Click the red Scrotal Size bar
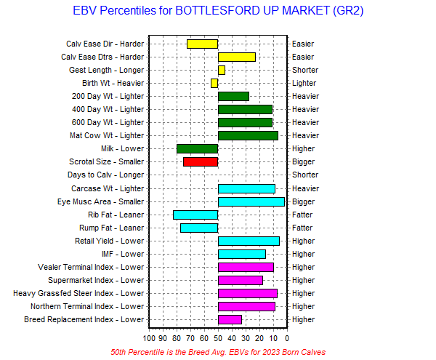[201, 161]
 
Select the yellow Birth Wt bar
[214, 83]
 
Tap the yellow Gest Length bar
[222, 70]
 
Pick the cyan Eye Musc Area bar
[251, 201]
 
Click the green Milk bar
[198, 148]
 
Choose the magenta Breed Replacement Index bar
[230, 319]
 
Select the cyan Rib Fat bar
[195, 215]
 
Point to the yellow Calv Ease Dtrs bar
[237, 57]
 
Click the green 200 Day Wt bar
[233, 96]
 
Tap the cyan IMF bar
[242, 254]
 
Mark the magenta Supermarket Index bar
[241, 280]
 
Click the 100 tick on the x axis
[150, 337]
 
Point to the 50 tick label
[218, 337]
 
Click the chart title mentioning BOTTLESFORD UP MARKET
[219, 12]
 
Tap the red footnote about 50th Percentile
[218, 351]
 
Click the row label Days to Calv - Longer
[105, 175]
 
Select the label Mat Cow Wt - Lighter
[108, 135]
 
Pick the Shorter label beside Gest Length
[305, 70]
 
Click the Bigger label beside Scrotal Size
[304, 161]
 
